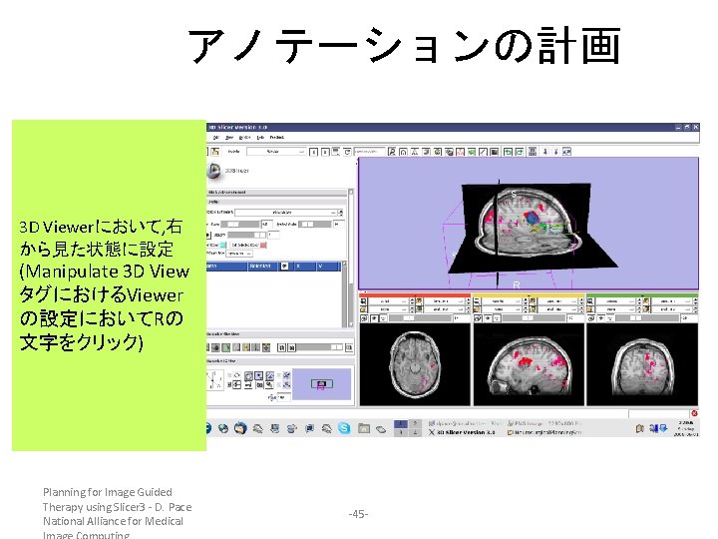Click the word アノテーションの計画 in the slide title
pos(404,46)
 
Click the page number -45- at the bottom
pos(358,513)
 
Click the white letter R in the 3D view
pos(516,285)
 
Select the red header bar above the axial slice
pos(414,295)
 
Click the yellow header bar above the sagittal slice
pos(529,295)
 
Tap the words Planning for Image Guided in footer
pos(107,492)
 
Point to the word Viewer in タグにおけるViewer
pos(155,294)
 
